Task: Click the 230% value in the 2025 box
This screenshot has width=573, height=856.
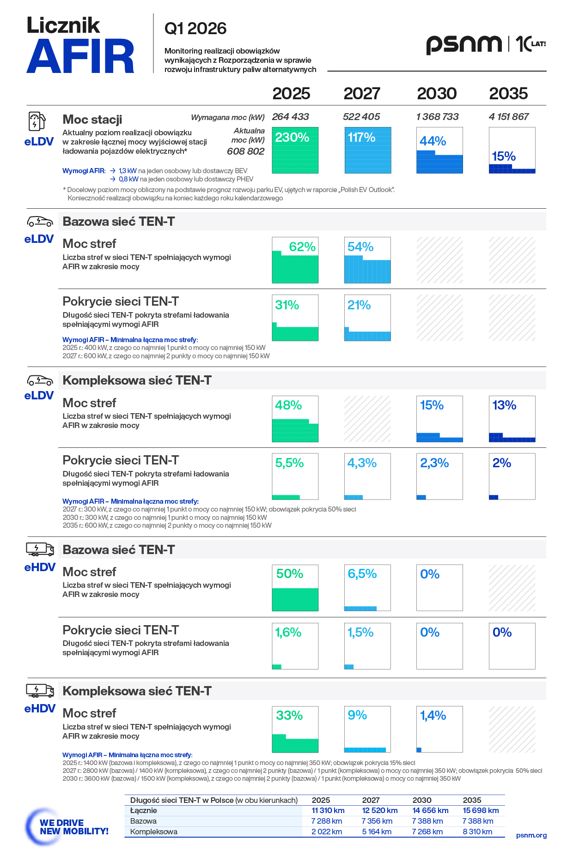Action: pyautogui.click(x=292, y=138)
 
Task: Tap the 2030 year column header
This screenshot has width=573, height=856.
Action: pyautogui.click(x=437, y=93)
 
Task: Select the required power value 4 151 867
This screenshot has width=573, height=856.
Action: pyautogui.click(x=509, y=117)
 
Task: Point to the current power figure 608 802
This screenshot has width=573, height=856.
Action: pyautogui.click(x=246, y=151)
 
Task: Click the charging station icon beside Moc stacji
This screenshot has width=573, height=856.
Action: pyautogui.click(x=37, y=122)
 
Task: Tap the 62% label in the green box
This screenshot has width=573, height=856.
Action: pyautogui.click(x=302, y=247)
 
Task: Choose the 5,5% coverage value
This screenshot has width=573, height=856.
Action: pyautogui.click(x=289, y=463)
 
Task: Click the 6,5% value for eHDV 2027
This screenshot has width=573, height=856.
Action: pyautogui.click(x=362, y=574)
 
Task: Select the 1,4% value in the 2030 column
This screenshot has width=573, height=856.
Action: pyautogui.click(x=433, y=716)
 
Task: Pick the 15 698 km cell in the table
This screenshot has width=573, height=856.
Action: pyautogui.click(x=481, y=810)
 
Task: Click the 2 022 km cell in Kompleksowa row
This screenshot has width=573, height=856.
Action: pyautogui.click(x=327, y=832)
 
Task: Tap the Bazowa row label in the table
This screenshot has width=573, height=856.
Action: pyautogui.click(x=143, y=821)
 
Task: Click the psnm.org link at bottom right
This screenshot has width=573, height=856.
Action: pyautogui.click(x=531, y=835)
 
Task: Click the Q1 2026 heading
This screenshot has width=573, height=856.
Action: pyautogui.click(x=195, y=29)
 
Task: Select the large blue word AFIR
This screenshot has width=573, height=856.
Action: pyautogui.click(x=80, y=56)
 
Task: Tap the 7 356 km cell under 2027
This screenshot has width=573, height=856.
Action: pyautogui.click(x=377, y=821)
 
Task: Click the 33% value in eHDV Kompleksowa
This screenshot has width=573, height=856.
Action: pyautogui.click(x=289, y=716)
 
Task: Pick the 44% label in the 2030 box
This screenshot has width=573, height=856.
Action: pyautogui.click(x=433, y=141)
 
